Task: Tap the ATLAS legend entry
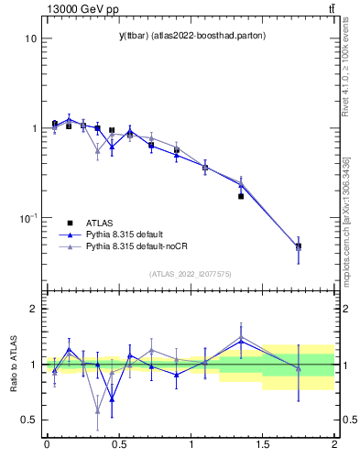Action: point(101,222)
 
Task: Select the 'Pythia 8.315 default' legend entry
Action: point(123,234)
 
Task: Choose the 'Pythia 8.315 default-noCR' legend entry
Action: point(132,247)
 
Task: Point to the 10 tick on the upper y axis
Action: point(30,38)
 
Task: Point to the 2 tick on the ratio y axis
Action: point(32,309)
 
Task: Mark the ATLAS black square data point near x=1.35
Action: point(241,196)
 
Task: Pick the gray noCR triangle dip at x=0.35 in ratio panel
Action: point(97,409)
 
